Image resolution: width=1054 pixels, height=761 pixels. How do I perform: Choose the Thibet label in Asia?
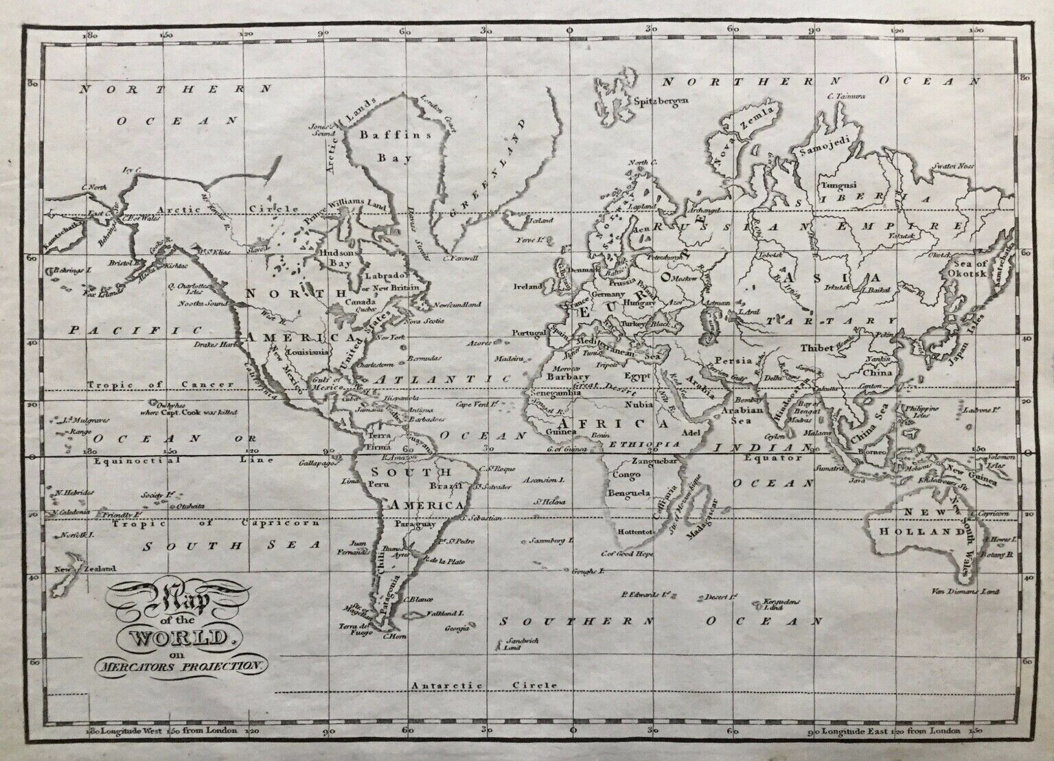click(x=817, y=348)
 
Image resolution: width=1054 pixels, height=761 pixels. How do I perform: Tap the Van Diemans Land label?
click(x=974, y=592)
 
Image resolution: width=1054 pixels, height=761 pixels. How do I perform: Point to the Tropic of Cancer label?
click(x=161, y=384)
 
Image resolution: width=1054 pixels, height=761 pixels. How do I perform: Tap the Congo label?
click(x=626, y=474)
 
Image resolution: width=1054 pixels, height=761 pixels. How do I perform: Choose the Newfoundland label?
click(x=455, y=304)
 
